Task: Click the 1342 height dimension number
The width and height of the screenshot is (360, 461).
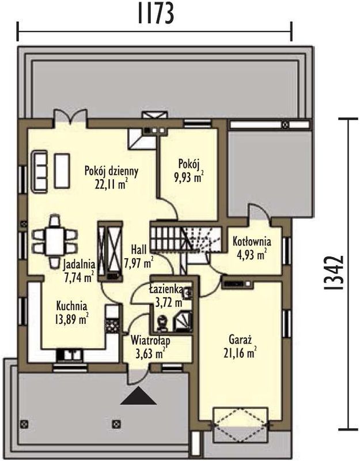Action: [x=334, y=272]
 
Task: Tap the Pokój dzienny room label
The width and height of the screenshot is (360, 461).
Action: [x=111, y=171]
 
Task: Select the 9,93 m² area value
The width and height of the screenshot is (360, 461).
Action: [x=190, y=177]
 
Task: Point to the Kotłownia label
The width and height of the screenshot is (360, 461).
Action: [x=252, y=241]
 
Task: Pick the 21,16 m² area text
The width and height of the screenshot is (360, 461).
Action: [x=240, y=353]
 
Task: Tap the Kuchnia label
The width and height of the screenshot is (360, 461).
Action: [x=71, y=306]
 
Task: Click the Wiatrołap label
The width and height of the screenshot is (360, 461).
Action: [x=150, y=341]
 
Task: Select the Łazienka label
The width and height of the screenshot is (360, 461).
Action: [x=166, y=290]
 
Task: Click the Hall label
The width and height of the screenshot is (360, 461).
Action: [x=139, y=250]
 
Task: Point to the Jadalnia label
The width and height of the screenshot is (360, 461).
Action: [x=79, y=264]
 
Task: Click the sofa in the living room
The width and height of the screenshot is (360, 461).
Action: [x=39, y=172]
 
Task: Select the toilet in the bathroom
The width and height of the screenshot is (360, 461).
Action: [x=162, y=323]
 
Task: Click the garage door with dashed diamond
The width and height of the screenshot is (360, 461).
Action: [x=240, y=424]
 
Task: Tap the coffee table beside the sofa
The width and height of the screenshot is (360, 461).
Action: [x=62, y=171]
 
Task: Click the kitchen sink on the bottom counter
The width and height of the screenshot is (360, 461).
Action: [x=70, y=354]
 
